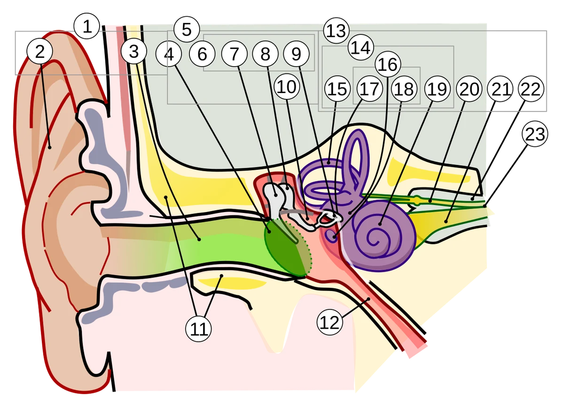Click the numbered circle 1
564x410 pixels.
[x=87, y=26]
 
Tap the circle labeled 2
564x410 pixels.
[x=40, y=51]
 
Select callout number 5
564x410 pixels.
[x=187, y=29]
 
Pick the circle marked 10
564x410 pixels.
[x=287, y=87]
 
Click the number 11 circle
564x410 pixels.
[x=198, y=329]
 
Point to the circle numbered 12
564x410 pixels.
[x=330, y=322]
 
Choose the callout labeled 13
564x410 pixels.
[x=337, y=31]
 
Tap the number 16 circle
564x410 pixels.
[x=388, y=64]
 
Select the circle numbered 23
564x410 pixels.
[x=535, y=134]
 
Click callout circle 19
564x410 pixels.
[x=438, y=89]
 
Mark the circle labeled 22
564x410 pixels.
[x=531, y=89]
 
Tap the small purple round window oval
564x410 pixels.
[x=332, y=236]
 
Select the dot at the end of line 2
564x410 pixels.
[x=50, y=147]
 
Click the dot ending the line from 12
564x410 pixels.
[x=368, y=299]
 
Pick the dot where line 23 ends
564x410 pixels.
[x=485, y=206]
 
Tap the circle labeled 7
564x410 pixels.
[x=235, y=54]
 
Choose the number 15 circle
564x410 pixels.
[x=337, y=89]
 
